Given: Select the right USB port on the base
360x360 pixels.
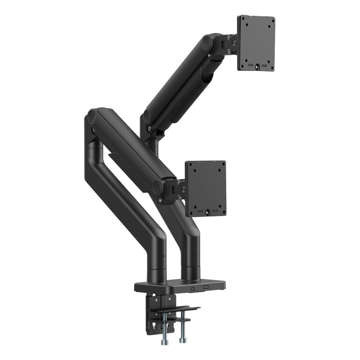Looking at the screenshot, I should pos(205,286).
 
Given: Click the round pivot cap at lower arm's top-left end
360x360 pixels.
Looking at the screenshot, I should pos(92,115).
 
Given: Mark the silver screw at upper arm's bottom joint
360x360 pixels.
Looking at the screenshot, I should pos(149,127).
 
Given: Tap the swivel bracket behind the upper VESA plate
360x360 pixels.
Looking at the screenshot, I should pos(231,43).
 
